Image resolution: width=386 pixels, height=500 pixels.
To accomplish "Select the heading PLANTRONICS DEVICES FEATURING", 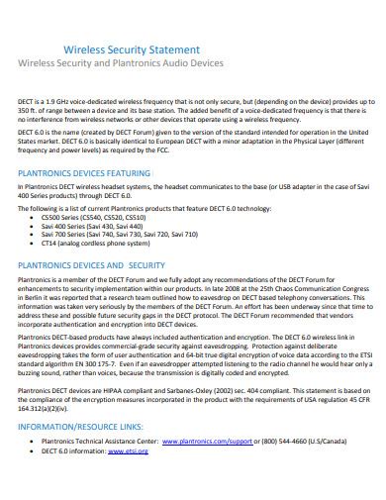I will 98,172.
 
